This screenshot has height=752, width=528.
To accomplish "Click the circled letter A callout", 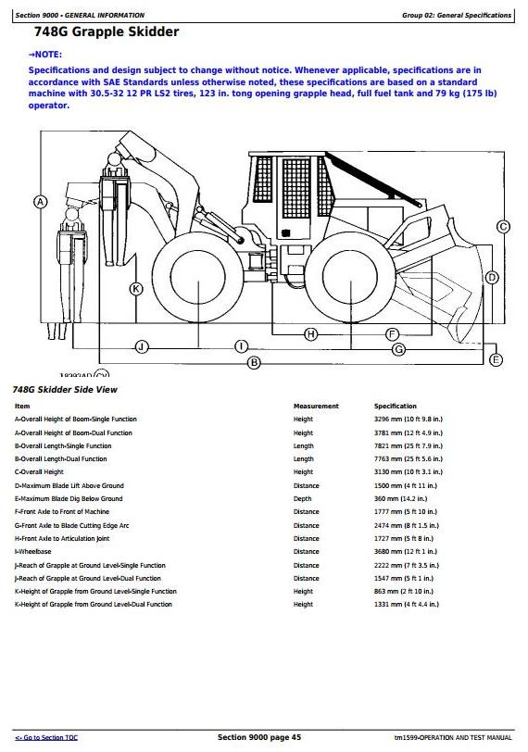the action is tap(40, 202).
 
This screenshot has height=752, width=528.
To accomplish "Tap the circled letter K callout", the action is tap(137, 289).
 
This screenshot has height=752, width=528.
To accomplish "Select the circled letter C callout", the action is tap(503, 226).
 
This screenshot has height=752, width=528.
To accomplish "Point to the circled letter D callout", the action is tap(492, 277).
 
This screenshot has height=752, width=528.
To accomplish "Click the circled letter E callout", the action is tap(496, 359).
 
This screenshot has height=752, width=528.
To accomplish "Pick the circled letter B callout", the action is tap(254, 363).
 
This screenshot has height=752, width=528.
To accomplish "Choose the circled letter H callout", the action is tap(310, 334).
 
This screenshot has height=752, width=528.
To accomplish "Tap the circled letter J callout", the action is tap(142, 346).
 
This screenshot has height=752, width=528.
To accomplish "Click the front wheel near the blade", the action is tap(350, 277).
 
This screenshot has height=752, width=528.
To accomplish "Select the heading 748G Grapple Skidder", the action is tap(107, 31).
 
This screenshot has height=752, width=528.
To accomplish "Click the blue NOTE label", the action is tap(45, 55).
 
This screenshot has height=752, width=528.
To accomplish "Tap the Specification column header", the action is tap(396, 406).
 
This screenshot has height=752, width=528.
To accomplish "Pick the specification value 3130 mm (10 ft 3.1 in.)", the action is tap(409, 472).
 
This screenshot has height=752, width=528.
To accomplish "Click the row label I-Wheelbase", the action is tap(32, 552).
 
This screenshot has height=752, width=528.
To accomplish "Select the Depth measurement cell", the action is tap(302, 499).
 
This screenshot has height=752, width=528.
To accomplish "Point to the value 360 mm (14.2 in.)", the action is tap(400, 499).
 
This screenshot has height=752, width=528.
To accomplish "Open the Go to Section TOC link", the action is tap(46, 737).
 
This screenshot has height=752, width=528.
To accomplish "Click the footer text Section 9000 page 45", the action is tap(259, 737).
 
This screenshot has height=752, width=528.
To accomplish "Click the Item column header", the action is tap(22, 406).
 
